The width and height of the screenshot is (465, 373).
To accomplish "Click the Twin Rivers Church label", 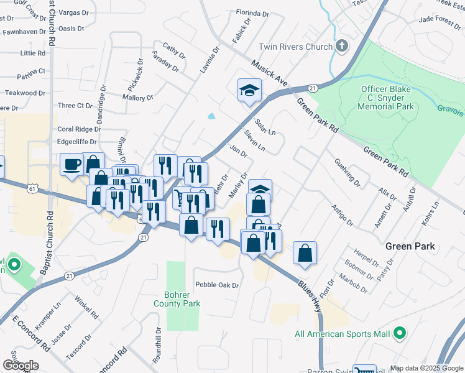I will (295, 47).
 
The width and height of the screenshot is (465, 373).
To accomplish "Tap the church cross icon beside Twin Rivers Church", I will (342, 46).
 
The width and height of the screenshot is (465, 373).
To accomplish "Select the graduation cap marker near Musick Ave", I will (249, 90).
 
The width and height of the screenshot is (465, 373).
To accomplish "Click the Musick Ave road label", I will (270, 73).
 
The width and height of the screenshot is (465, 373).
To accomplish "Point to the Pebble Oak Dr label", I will (217, 285).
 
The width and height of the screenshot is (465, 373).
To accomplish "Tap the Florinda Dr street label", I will (252, 13).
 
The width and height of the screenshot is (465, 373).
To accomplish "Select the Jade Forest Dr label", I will (440, 19).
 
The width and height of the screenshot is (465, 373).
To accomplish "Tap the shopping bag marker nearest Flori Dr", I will (305, 253).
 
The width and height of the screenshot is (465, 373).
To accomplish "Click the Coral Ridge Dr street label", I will (79, 129).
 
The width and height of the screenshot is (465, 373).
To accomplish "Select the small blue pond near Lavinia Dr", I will (211, 116).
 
